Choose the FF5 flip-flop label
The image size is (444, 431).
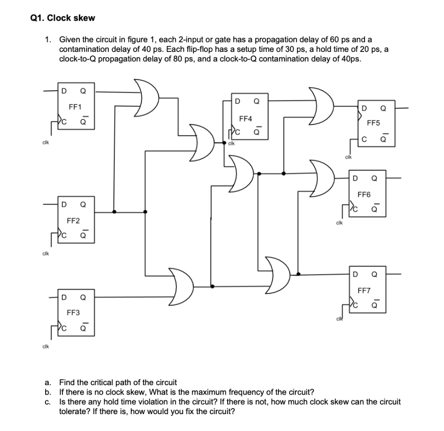click(373, 123)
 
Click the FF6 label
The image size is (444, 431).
click(364, 195)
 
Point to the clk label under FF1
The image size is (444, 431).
click(45, 143)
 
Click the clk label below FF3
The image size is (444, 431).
click(45, 347)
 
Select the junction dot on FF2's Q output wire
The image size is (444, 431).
click(114, 212)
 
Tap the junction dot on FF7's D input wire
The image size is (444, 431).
click(298, 274)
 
